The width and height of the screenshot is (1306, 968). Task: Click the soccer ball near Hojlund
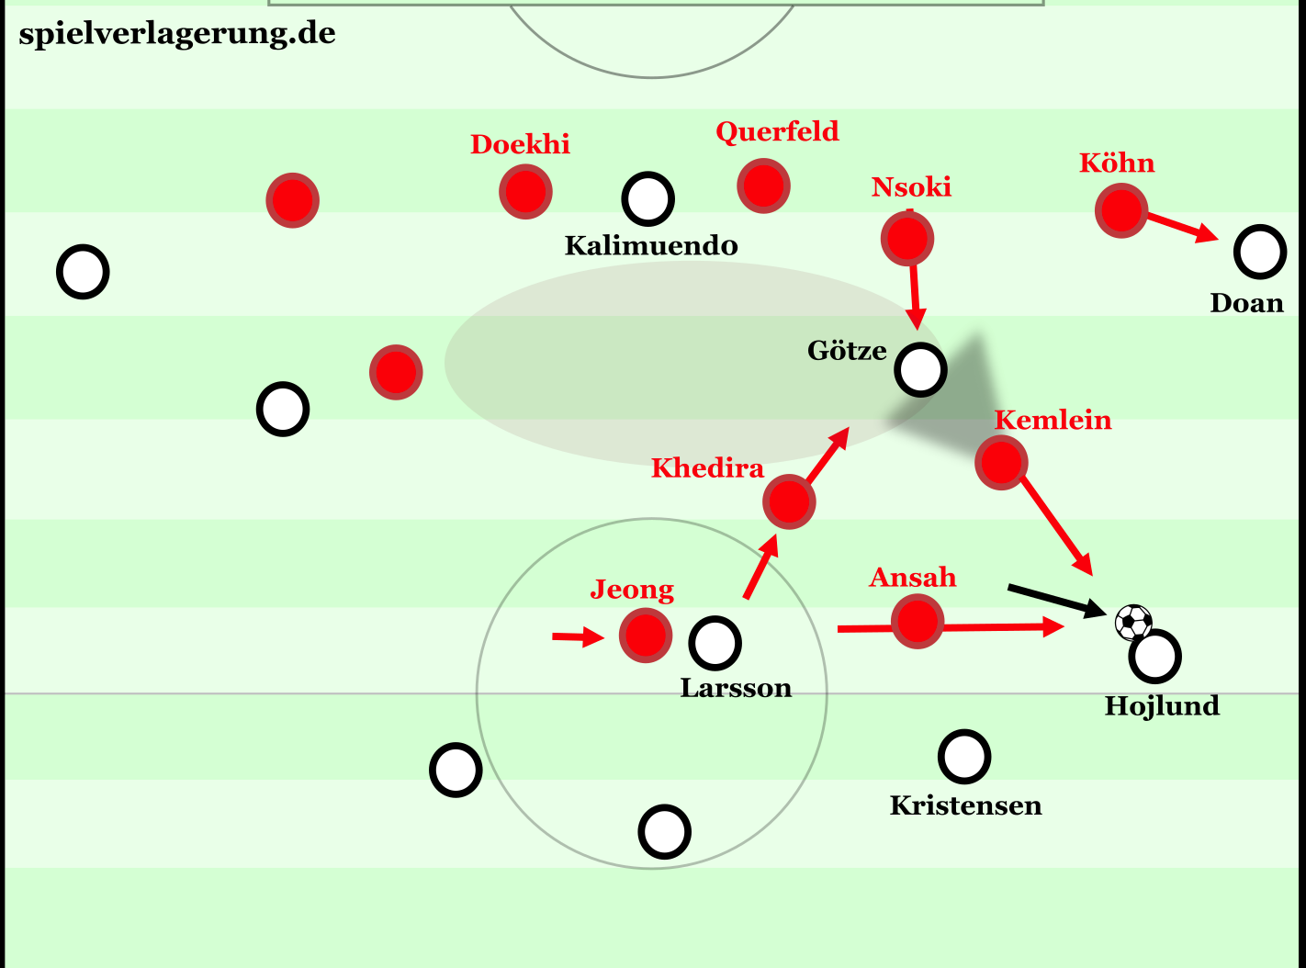tap(1133, 622)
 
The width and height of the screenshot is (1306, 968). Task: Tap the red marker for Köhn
tap(1121, 210)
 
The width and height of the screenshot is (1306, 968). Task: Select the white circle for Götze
tap(920, 370)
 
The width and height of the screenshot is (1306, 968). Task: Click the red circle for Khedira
tap(789, 501)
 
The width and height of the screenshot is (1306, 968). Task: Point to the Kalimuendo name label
tap(651, 245)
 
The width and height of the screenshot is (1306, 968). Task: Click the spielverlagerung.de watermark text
tap(177, 34)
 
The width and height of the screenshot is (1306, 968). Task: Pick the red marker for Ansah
tap(918, 621)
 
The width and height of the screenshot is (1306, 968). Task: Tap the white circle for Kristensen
tap(964, 757)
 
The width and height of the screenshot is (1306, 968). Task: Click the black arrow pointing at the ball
tap(1057, 602)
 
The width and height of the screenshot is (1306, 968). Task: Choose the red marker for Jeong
tap(646, 636)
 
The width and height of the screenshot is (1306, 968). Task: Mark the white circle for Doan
tap(1259, 252)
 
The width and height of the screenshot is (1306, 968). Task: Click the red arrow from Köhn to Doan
tap(1182, 227)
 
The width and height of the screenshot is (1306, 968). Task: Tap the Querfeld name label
tap(777, 131)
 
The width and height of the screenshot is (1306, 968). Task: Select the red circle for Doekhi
tap(525, 191)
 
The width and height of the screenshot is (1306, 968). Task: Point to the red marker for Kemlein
tap(1001, 463)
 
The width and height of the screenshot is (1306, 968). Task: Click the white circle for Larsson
tap(715, 643)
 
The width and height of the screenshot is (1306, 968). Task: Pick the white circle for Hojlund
tap(1154, 657)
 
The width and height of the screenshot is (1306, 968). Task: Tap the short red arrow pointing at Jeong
tap(579, 636)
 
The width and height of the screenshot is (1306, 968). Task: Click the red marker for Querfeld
tap(763, 186)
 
